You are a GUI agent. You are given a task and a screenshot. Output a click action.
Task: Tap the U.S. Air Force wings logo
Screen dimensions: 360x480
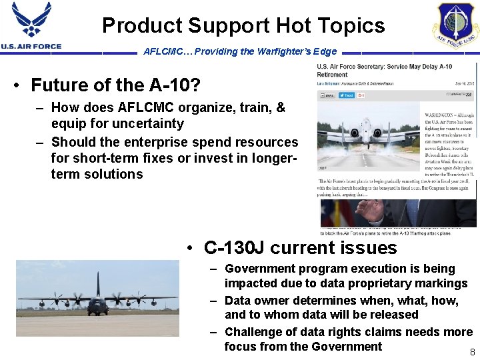click(31, 21)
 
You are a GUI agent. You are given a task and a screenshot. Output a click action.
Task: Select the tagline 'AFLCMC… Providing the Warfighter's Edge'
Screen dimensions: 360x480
click(240, 51)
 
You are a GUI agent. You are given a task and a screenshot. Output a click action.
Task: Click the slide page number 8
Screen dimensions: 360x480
click(472, 351)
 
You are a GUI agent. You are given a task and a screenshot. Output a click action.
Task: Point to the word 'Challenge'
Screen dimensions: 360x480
click(257, 332)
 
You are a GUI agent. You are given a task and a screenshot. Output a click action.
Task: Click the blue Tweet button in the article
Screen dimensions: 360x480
click(346, 95)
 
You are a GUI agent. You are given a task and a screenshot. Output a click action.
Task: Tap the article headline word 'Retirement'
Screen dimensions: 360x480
click(333, 75)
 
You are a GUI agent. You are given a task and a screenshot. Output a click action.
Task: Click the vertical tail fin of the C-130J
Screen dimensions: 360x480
click(98, 283)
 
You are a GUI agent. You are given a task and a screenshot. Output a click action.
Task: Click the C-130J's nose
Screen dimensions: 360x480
click(98, 308)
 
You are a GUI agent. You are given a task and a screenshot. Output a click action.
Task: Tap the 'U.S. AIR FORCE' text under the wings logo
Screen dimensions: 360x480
click(31, 46)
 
